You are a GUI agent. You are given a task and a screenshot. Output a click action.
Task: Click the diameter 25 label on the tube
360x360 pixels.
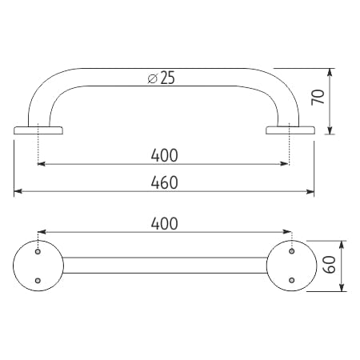(162, 78)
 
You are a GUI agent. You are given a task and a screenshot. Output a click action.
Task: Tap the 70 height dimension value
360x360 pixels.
(318, 98)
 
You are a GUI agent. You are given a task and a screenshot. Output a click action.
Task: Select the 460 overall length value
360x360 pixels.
(164, 182)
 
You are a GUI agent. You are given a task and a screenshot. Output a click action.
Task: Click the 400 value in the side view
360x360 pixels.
(164, 155)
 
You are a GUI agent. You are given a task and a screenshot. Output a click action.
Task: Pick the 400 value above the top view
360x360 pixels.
(164, 223)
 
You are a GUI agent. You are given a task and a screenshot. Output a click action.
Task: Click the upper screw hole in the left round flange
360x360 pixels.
(38, 251)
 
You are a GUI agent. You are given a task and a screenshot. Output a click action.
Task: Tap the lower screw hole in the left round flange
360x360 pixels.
(38, 280)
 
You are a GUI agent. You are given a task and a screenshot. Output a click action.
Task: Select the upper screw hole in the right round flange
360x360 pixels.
(292, 251)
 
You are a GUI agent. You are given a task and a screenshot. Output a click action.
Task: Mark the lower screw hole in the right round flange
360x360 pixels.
(292, 280)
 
